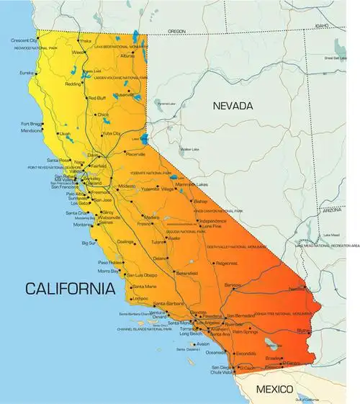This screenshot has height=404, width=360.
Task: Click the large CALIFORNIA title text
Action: click(70, 289)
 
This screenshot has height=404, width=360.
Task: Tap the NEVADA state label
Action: click(233, 106)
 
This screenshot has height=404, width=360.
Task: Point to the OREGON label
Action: click(176, 32)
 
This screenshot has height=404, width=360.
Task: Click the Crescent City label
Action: click(24, 40)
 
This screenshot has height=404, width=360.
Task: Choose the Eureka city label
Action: click(27, 73)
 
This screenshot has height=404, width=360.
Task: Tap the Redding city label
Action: click(73, 84)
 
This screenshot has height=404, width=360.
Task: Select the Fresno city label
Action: click(145, 224)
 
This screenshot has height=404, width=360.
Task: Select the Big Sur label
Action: click(89, 243)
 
